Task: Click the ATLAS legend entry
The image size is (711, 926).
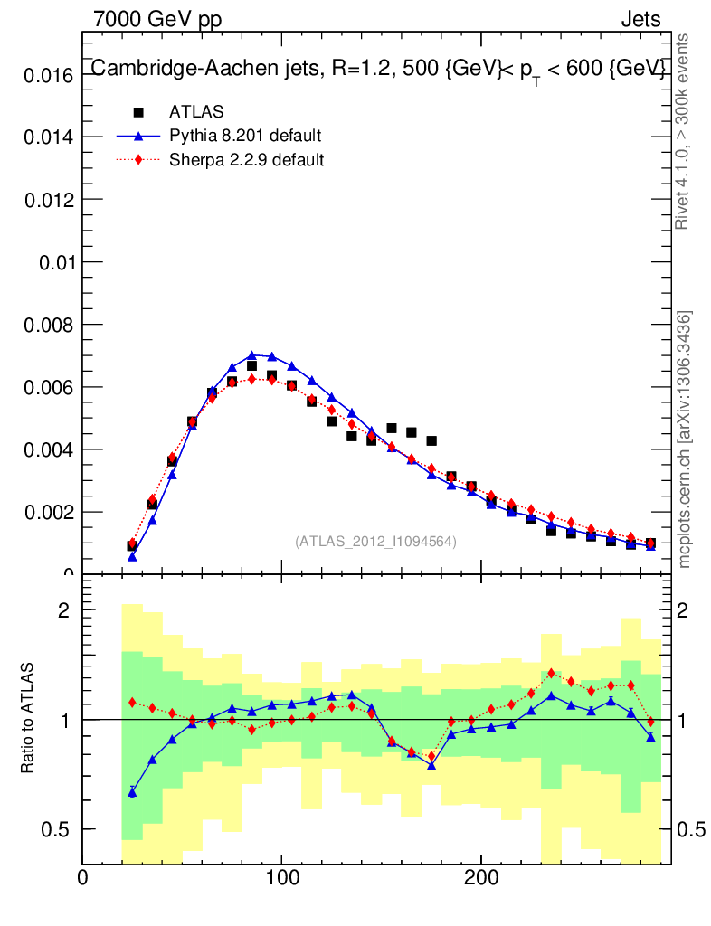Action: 196,112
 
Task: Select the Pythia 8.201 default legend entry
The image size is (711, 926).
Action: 245,137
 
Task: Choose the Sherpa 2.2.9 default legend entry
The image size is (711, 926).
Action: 247,160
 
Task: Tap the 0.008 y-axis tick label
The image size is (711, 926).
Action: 47,325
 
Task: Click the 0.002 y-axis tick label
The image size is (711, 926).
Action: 47,513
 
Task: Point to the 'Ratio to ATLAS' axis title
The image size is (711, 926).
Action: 28,718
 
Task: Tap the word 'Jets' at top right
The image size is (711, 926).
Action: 640,19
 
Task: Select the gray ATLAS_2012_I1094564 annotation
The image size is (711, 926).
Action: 375,541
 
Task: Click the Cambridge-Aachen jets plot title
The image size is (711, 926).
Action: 379,70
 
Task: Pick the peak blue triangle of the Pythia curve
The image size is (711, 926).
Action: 252,355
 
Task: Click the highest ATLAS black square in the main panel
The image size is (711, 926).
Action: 252,366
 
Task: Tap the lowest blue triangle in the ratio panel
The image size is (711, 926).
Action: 132,792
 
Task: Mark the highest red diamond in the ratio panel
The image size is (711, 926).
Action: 552,673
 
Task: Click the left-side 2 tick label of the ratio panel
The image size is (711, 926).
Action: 64,610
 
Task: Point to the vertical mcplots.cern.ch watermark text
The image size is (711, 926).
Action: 685,439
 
